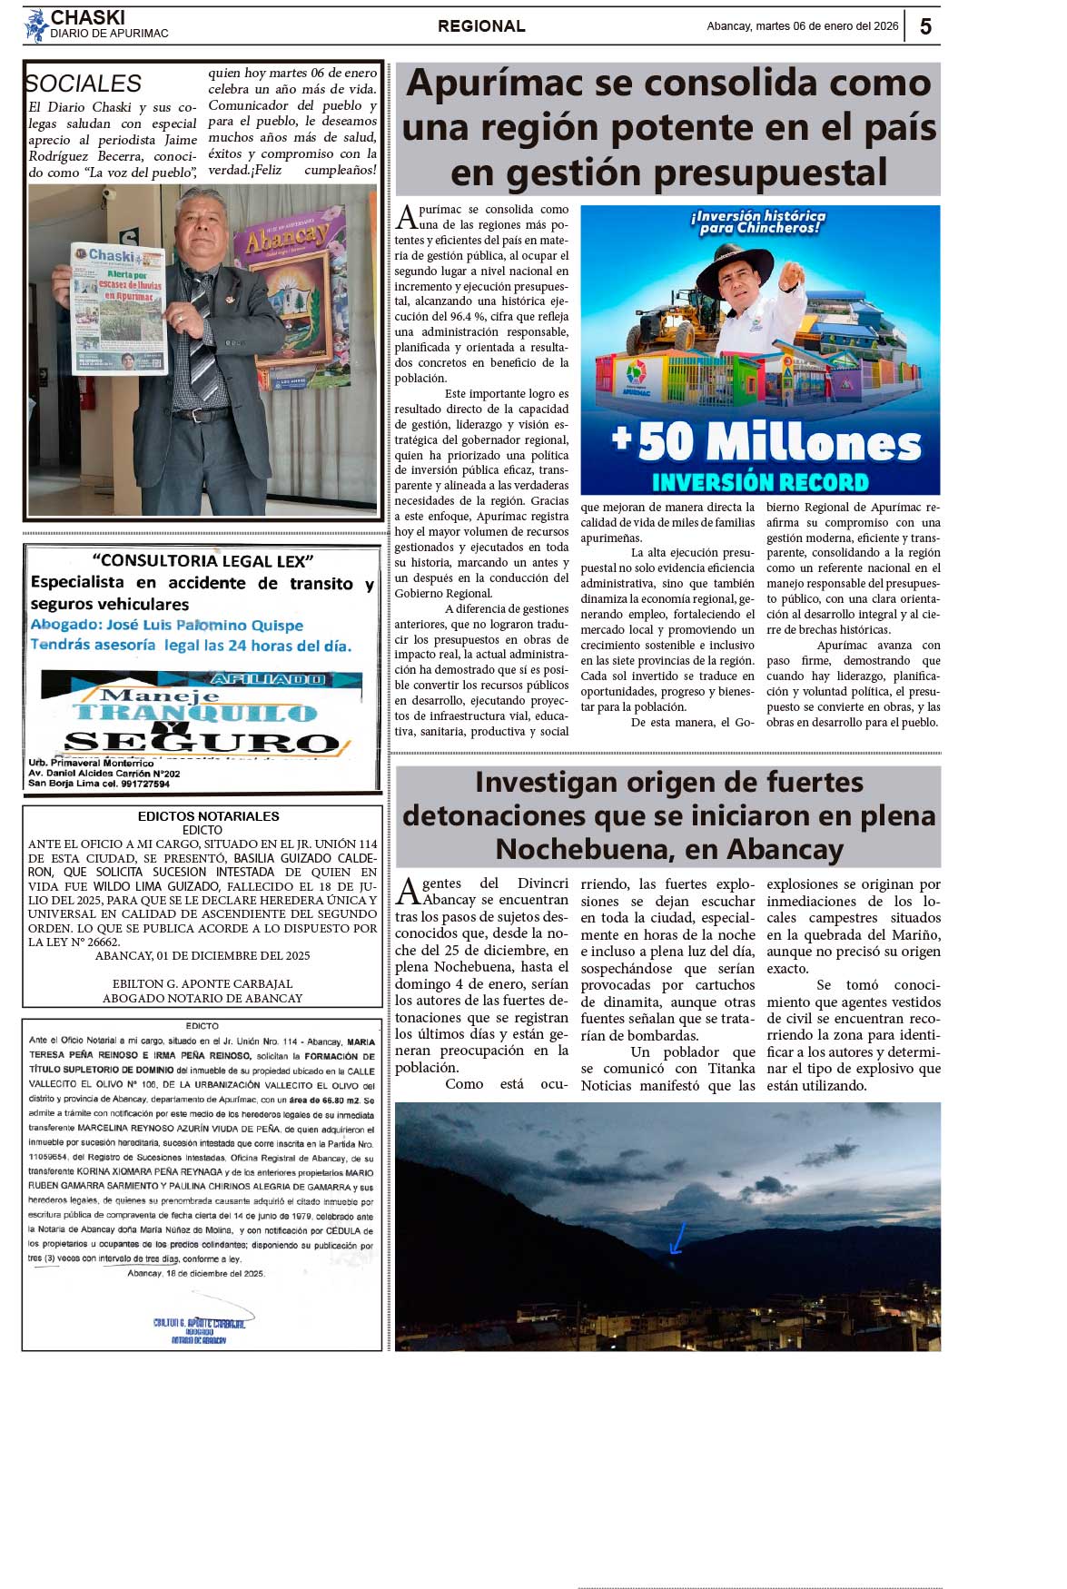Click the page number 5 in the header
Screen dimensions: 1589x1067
pos(924,26)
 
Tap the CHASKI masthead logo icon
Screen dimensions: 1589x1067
pos(35,25)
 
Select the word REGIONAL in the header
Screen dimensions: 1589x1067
pos(481,26)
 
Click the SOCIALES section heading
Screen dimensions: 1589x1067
pos(83,84)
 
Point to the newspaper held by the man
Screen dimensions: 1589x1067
pos(119,309)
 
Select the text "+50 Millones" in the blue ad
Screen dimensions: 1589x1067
pos(767,443)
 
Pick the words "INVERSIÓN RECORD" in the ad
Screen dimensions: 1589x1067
pos(760,482)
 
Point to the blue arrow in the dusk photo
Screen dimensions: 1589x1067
pos(677,1238)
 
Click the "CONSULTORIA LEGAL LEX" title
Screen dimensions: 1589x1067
pos(203,561)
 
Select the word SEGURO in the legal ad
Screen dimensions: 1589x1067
pos(202,742)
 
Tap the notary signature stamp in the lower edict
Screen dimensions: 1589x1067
pos(199,1328)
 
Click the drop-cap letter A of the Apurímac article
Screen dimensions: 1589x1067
pos(406,218)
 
